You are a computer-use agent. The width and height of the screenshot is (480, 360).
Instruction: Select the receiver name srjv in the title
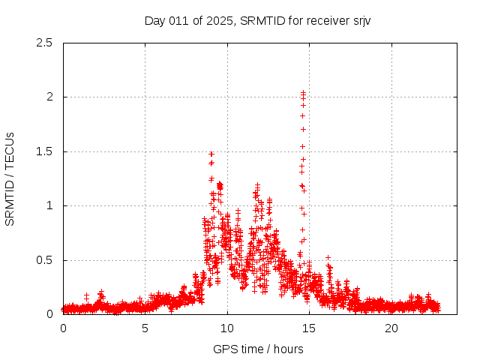click(x=358, y=20)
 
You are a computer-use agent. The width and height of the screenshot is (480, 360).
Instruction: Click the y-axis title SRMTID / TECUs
click(x=10, y=178)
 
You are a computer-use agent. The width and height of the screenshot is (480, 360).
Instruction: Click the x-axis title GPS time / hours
click(x=258, y=349)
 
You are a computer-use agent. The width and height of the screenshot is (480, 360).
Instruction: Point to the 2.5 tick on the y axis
click(x=44, y=43)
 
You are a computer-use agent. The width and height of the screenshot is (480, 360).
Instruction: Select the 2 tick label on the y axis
click(x=49, y=97)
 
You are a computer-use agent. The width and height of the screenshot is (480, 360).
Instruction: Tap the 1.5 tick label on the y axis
click(x=44, y=151)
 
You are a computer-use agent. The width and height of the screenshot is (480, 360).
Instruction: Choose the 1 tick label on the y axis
click(x=49, y=205)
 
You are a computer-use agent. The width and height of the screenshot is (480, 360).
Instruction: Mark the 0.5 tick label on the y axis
click(x=44, y=260)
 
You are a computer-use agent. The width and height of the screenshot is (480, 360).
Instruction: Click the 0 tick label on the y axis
click(x=49, y=314)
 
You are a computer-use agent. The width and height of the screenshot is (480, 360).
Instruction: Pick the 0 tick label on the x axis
click(x=63, y=328)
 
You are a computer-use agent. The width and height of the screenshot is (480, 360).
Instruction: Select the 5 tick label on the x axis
click(x=145, y=328)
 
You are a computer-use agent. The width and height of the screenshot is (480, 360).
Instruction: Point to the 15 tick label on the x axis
click(x=310, y=328)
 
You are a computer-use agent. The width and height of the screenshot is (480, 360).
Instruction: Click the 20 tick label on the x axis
click(x=391, y=328)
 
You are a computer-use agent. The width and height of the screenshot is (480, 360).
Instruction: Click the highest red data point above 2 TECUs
click(x=303, y=92)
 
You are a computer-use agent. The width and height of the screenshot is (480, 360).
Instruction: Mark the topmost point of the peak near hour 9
click(x=211, y=154)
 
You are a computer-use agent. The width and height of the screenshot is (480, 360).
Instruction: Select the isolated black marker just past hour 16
click(x=328, y=257)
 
